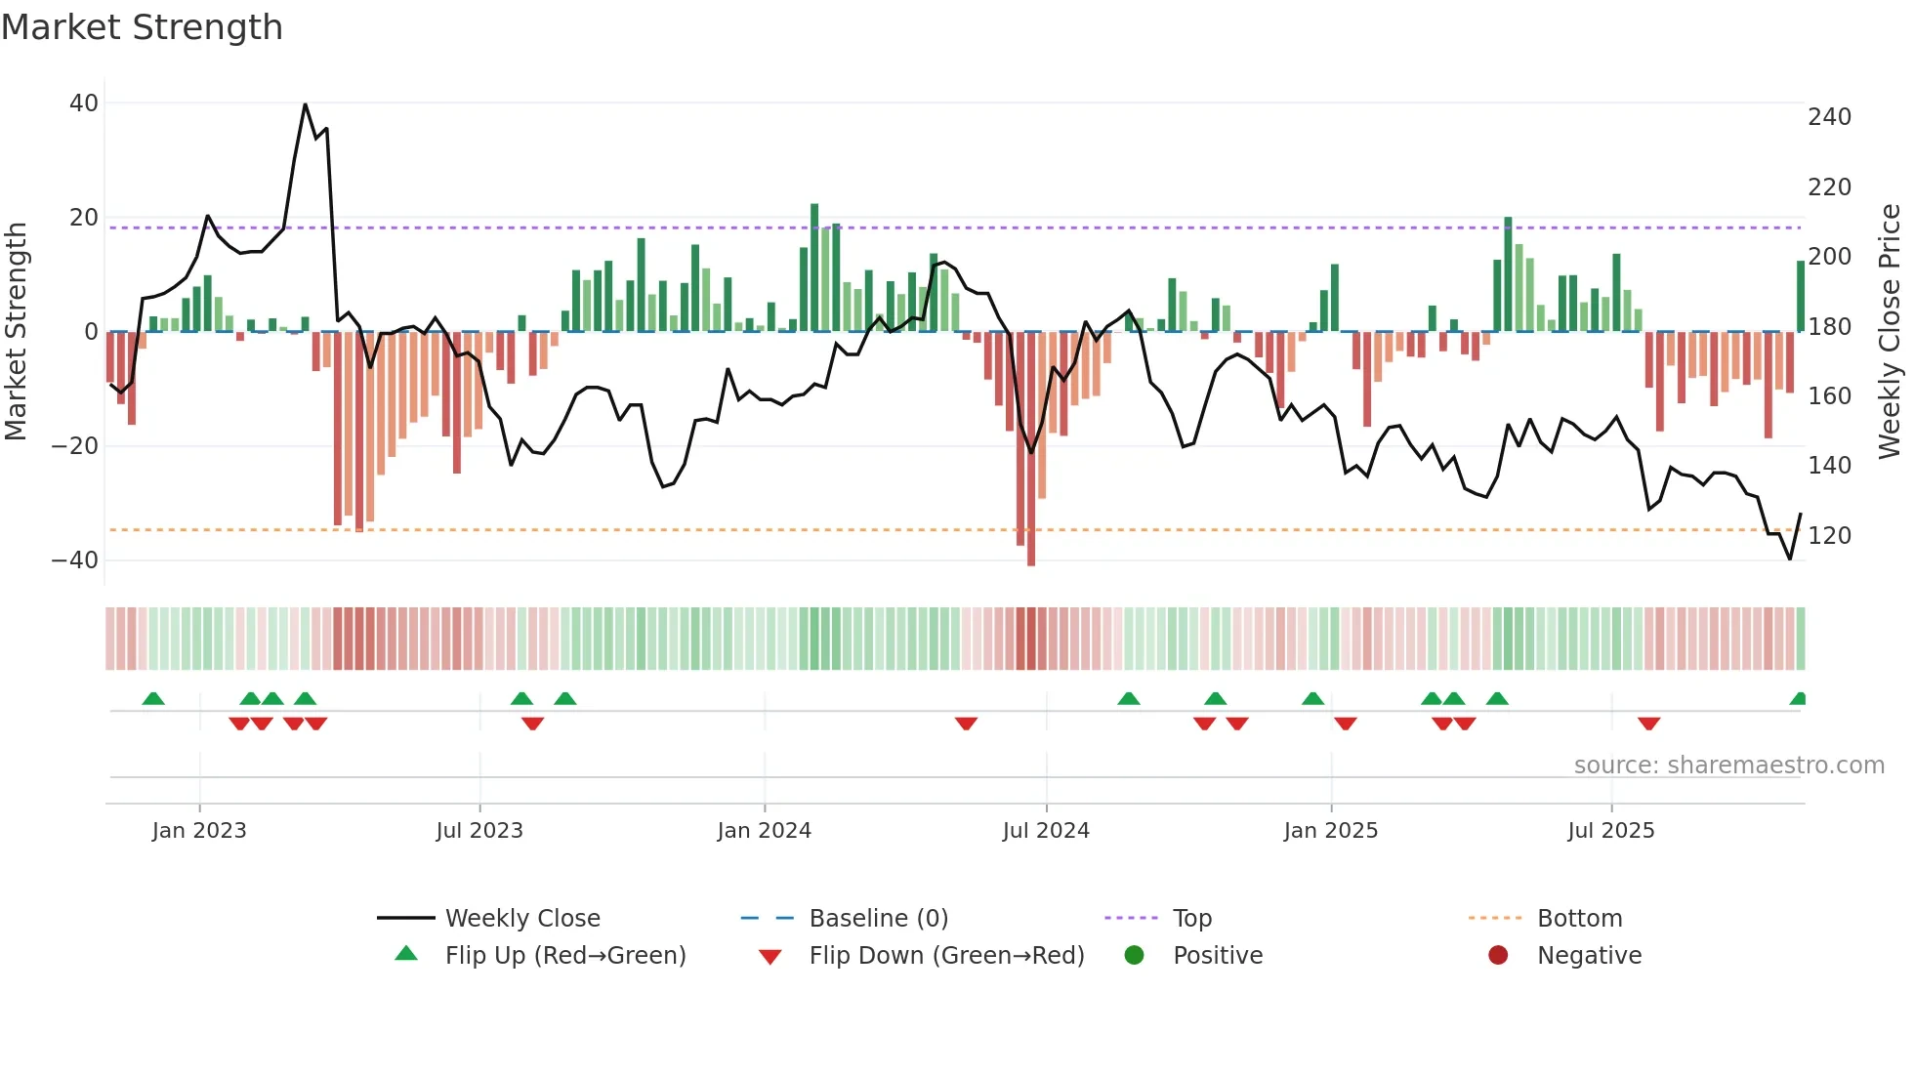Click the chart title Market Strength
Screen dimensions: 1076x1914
pos(142,27)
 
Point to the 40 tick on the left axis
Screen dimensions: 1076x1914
pos(84,103)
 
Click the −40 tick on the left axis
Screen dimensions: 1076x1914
pos(75,560)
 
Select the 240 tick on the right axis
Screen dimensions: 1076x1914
pos(1829,117)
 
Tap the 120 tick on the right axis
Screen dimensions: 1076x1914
pos(1829,536)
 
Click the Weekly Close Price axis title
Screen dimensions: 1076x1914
pos(1890,332)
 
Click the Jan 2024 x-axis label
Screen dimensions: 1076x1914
pos(764,831)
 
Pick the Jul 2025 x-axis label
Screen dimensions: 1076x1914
pos(1610,831)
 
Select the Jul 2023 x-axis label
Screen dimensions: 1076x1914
pos(479,831)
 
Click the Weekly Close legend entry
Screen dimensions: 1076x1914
pos(522,919)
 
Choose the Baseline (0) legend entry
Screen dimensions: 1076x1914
pos(878,919)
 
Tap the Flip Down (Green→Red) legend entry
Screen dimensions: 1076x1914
pos(946,956)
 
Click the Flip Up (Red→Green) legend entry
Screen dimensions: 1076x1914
pos(565,956)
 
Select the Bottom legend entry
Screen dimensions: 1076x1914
pos(1579,919)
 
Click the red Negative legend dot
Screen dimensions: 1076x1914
pos(1498,955)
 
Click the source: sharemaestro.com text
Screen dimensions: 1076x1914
pos(1728,766)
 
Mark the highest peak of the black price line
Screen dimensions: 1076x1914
pos(306,104)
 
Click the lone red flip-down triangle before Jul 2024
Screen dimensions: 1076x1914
pos(966,724)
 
